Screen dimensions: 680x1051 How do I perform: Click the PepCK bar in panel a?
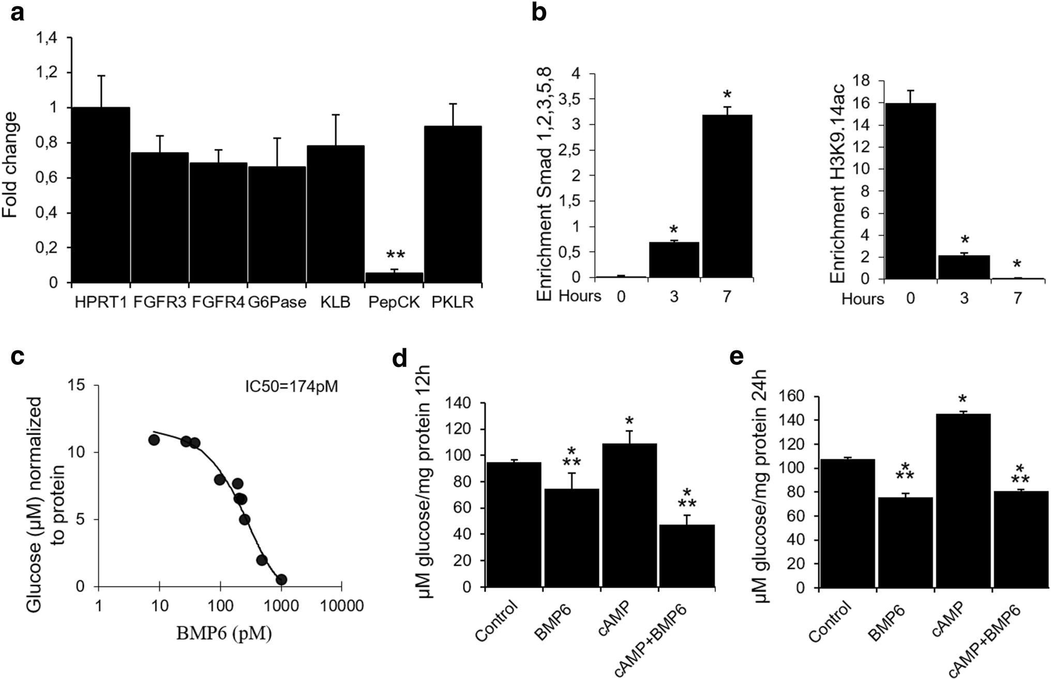394,277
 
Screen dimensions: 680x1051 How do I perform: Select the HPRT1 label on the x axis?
100,303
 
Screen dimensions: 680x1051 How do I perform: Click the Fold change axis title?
10,164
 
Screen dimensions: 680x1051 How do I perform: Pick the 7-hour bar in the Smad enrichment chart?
727,196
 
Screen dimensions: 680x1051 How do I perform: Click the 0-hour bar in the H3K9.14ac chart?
910,191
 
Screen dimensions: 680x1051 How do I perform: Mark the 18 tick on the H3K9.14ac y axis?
865,81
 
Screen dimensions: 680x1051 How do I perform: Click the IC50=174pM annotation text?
291,387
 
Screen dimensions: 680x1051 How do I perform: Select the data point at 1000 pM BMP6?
281,580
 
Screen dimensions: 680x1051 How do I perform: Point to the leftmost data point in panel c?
154,440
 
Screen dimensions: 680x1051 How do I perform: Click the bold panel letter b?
539,13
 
